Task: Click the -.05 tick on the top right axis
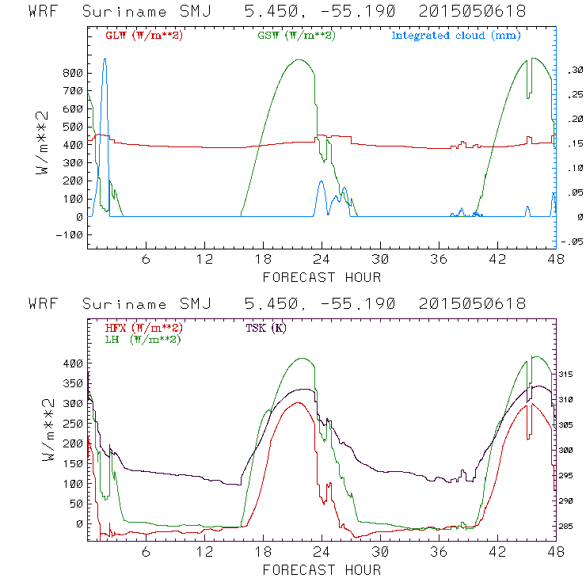(572, 242)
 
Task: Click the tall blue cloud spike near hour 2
(105, 79)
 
